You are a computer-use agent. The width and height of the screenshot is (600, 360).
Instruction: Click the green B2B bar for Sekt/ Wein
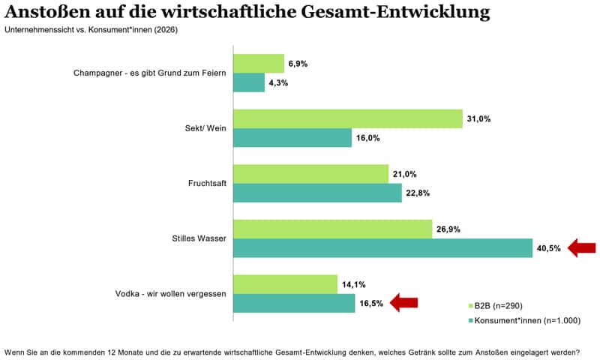coord(348,118)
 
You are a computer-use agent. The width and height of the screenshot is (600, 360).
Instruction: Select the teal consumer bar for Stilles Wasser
coord(382,248)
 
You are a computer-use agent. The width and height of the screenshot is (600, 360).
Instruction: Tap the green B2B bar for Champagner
coord(259,64)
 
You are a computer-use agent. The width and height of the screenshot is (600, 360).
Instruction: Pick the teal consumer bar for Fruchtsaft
coord(317,193)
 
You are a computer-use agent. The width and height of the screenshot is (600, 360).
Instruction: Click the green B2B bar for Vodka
coord(286,284)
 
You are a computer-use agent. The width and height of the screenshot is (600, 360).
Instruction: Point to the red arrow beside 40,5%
coord(581,247)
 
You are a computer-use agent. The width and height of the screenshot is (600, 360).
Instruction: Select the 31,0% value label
coord(478,119)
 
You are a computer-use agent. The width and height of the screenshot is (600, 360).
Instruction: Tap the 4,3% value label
coord(277,83)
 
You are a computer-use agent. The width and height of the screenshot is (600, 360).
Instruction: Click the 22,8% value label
coord(418,193)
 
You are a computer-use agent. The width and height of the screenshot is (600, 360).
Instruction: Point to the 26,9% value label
coord(448,229)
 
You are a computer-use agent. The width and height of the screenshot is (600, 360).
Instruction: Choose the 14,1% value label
coord(353,284)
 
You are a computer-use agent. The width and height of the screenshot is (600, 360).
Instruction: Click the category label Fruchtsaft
coord(207,184)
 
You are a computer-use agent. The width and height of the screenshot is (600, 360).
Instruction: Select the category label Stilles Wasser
coord(194,238)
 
